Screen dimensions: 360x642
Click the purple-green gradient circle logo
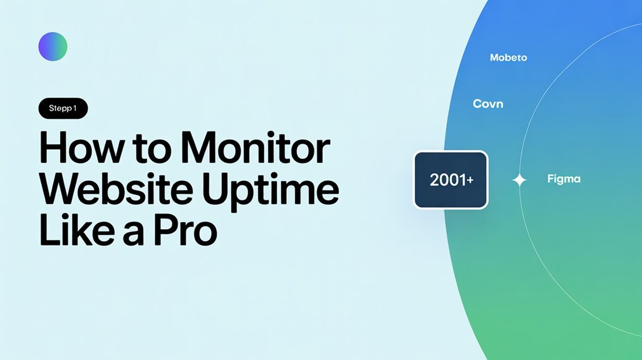pos(53,46)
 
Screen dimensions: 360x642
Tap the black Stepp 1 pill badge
pos(63,108)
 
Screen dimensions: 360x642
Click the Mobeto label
pos(508,58)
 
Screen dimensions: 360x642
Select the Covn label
pos(487,103)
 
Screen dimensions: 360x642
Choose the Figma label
pos(564,179)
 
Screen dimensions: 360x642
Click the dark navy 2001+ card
pos(450,180)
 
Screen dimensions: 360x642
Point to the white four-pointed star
pos(519,180)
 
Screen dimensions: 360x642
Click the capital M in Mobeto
pos(494,58)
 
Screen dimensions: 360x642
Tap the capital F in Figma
pos(550,178)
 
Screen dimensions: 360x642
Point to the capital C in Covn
pos(477,103)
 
